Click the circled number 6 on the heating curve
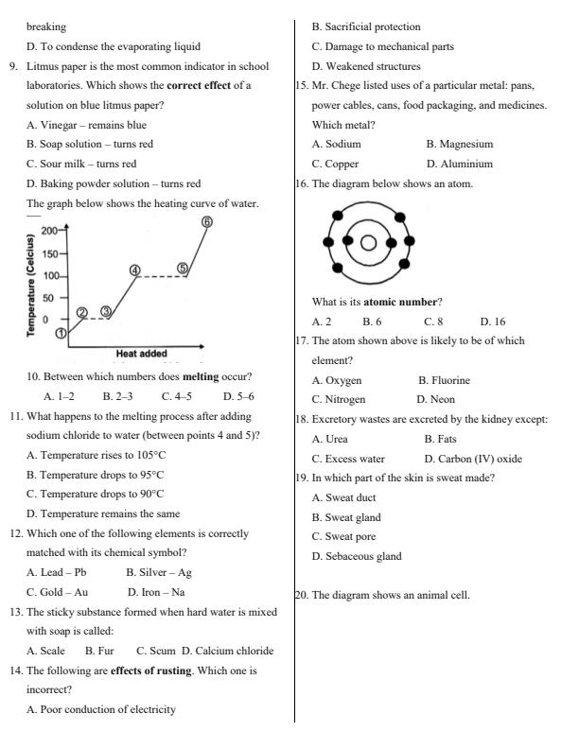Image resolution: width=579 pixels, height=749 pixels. click(206, 222)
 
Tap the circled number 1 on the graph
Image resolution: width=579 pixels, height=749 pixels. click(61, 333)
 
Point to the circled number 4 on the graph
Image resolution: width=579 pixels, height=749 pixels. click(135, 270)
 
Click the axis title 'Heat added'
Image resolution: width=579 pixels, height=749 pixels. click(141, 354)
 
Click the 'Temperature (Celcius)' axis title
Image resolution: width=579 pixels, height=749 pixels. click(31, 284)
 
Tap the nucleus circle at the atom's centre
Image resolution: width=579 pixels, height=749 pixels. click(368, 242)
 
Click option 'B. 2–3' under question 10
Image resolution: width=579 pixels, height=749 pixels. click(117, 396)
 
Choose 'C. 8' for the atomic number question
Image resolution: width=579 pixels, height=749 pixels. click(433, 322)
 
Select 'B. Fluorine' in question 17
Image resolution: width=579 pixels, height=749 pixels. click(444, 380)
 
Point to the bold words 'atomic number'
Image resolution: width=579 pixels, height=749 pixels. click(403, 302)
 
